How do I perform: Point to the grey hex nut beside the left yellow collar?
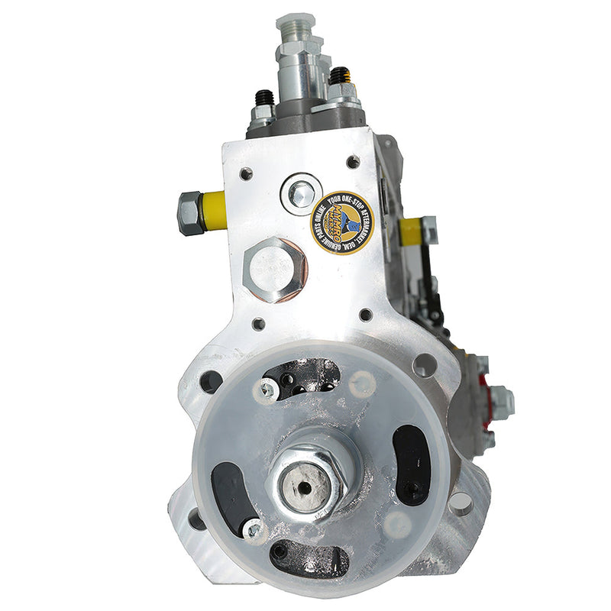189,212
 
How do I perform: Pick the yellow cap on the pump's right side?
411,230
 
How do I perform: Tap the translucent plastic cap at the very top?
296,24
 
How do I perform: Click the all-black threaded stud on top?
265,99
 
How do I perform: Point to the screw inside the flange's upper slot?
268,390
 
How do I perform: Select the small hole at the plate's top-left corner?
246,173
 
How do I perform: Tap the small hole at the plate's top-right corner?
353,162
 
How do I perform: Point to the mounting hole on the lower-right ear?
460,503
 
